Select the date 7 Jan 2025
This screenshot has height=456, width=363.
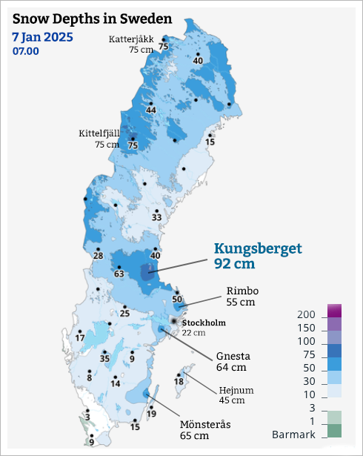coord(44,36)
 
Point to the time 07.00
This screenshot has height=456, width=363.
coord(26,51)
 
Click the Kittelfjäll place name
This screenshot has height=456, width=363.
coord(99,134)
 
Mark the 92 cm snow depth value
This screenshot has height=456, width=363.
coord(234,265)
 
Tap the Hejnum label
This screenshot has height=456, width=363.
coord(236,391)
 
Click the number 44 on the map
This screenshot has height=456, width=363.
coord(150,110)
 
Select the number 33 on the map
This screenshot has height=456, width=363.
coord(156,217)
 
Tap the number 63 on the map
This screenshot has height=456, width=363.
coord(119,274)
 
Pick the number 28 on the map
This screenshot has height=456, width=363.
coord(98,256)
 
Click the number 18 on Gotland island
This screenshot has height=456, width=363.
coord(179,382)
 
